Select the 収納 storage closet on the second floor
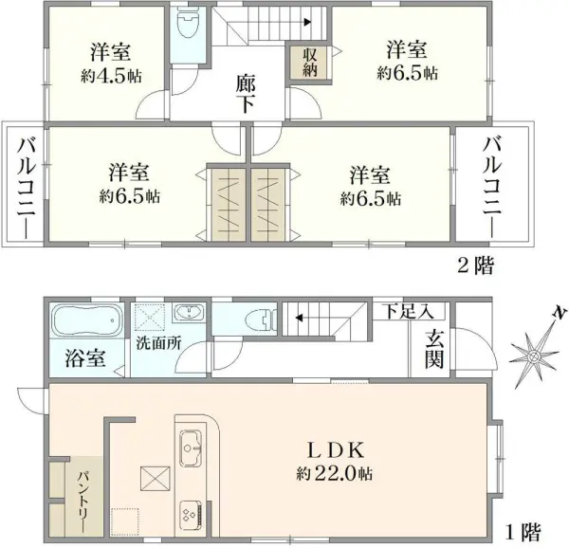coord(310,63)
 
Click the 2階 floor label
coord(477,265)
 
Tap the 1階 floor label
coord(522,531)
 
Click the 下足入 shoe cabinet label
coord(408,310)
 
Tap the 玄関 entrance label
coord(435,349)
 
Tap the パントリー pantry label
coord(81,498)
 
